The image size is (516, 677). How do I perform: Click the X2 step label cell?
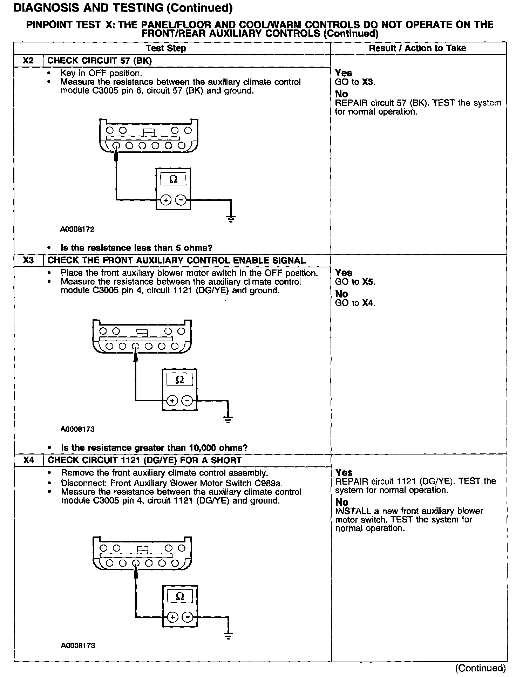[28, 61]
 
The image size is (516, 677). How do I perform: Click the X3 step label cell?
[28, 260]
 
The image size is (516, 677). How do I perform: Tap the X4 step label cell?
[28, 460]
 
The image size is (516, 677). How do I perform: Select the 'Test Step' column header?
[166, 48]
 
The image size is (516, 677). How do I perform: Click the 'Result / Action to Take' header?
[417, 48]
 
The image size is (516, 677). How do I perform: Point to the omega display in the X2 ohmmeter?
[173, 179]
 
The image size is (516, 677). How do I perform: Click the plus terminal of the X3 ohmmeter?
[172, 400]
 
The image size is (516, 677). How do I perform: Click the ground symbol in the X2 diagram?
[231, 219]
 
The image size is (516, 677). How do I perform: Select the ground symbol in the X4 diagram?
[228, 636]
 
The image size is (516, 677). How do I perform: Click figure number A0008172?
[77, 230]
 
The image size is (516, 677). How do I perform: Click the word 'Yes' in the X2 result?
[344, 73]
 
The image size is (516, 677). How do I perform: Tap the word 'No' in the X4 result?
[342, 502]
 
